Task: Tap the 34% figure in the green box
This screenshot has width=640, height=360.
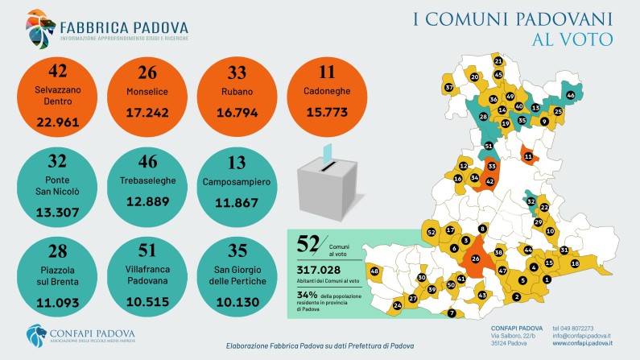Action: (308, 294)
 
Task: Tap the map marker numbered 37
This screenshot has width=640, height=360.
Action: (449, 87)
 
